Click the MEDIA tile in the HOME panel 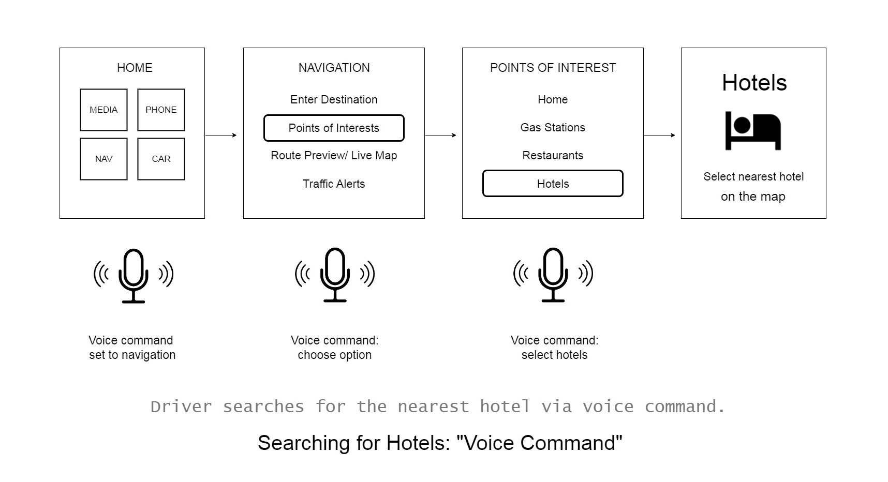pyautogui.click(x=103, y=110)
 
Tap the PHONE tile pyautogui.click(x=161, y=110)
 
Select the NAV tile pyautogui.click(x=103, y=159)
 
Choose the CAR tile pyautogui.click(x=161, y=159)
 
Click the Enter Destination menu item pyautogui.click(x=334, y=99)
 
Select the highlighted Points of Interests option pyautogui.click(x=334, y=128)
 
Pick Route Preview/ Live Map pyautogui.click(x=334, y=155)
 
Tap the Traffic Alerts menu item pyautogui.click(x=334, y=184)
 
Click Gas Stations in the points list pyautogui.click(x=553, y=127)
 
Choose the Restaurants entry pyautogui.click(x=553, y=155)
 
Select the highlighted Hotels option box pyautogui.click(x=553, y=184)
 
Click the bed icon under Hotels pyautogui.click(x=753, y=131)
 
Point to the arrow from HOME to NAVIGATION pyautogui.click(x=221, y=135)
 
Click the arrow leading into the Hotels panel pyautogui.click(x=659, y=135)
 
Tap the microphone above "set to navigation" pyautogui.click(x=134, y=275)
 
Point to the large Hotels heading pyautogui.click(x=754, y=83)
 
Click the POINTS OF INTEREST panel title pyautogui.click(x=553, y=68)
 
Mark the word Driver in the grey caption pyautogui.click(x=181, y=407)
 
